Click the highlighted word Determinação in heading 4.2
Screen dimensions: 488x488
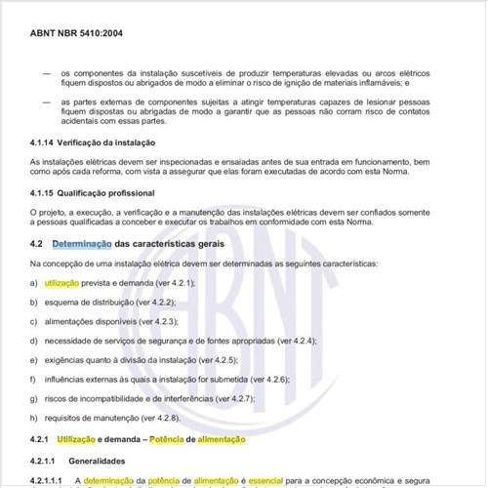[82, 243]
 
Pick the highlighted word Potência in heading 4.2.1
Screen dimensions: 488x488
[173, 440]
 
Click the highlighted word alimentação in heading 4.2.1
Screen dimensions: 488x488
[222, 440]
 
